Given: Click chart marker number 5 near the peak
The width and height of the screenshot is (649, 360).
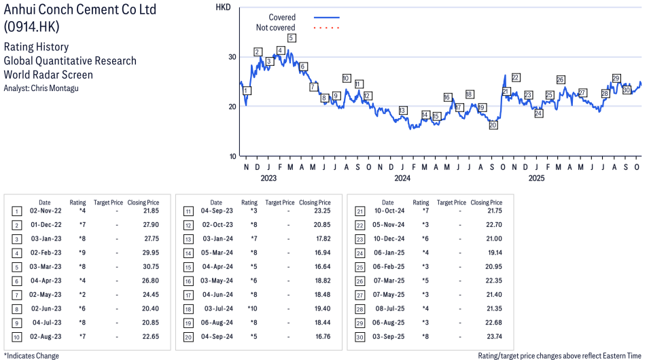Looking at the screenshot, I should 291,38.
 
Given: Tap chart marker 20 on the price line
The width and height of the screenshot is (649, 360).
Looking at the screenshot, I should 493,125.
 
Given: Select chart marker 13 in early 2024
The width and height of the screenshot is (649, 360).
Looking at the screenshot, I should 403,110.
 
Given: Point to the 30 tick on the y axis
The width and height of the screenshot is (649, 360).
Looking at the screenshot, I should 232,57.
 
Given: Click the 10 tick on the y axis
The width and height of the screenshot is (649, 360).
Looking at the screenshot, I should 232,156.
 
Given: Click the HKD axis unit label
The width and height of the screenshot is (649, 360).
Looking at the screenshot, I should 223,7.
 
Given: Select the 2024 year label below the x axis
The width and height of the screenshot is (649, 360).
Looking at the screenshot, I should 402,179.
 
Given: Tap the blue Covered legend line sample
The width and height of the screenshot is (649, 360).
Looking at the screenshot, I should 326,18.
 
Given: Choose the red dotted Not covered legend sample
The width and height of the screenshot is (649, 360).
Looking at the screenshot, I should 326,28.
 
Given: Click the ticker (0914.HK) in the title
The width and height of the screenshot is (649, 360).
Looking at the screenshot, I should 31,26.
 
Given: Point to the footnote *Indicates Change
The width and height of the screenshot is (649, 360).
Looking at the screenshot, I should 31,355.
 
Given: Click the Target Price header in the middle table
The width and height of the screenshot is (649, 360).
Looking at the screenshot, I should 280,202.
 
